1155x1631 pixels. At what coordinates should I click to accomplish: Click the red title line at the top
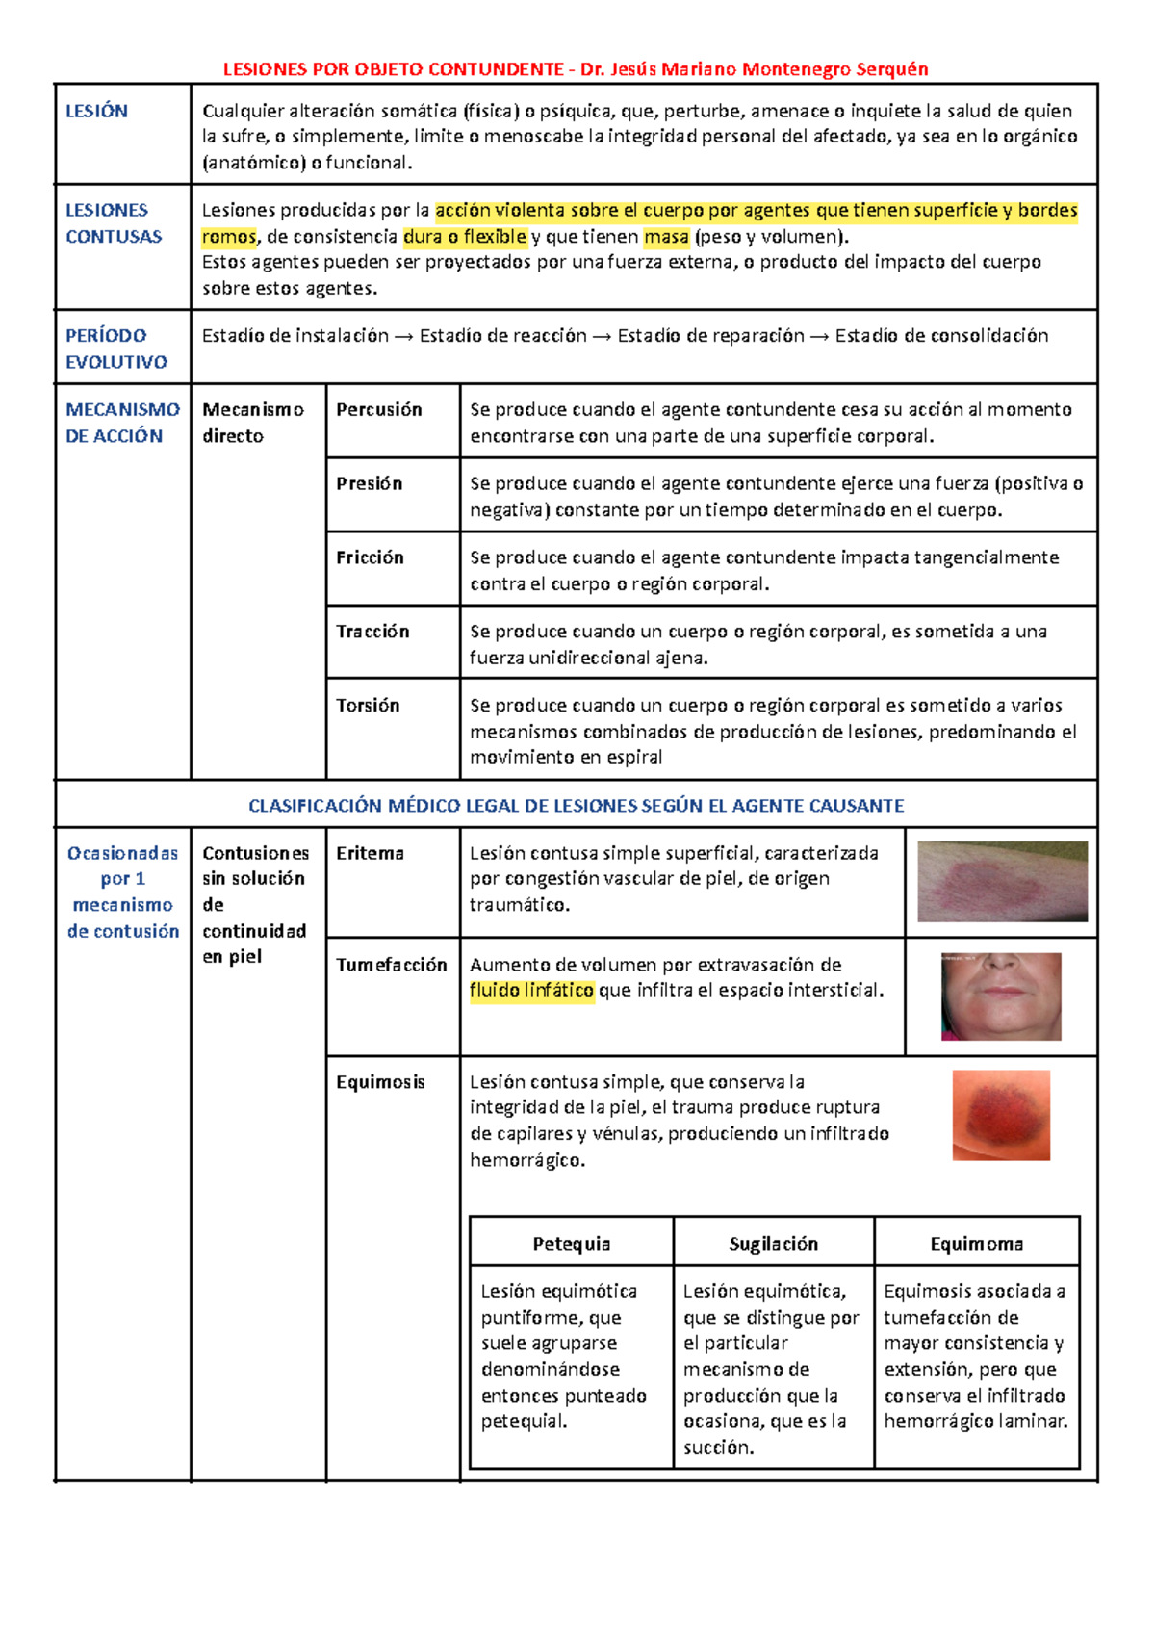tap(576, 69)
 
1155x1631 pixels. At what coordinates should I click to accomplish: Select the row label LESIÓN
tap(96, 112)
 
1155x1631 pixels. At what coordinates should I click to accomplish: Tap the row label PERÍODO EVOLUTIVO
tap(115, 349)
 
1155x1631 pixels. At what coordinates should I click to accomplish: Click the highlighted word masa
tap(666, 237)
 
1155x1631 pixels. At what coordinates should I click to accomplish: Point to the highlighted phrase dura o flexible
tap(465, 237)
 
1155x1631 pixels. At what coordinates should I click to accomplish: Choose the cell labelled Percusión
tap(379, 410)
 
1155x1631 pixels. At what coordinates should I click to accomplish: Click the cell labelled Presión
tap(370, 484)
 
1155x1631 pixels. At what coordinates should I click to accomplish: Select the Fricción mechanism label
tap(371, 558)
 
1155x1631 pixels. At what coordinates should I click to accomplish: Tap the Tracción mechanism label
tap(372, 632)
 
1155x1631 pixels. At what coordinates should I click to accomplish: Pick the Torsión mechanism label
tap(368, 706)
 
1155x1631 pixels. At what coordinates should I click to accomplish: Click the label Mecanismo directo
tap(252, 423)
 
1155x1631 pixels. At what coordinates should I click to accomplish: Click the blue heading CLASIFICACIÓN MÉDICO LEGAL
tap(576, 806)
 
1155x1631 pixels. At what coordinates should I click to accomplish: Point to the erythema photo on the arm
tap(1002, 881)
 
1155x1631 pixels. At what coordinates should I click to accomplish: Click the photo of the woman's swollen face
tap(1001, 997)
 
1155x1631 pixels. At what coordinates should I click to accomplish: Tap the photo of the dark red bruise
tap(1001, 1115)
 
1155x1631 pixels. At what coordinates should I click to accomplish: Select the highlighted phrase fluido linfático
tap(531, 991)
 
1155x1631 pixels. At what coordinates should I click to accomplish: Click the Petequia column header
tap(572, 1244)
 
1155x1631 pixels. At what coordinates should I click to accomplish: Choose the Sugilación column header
tap(774, 1244)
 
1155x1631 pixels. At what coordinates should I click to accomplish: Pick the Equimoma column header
tap(976, 1244)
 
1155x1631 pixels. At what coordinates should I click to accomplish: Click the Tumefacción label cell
tap(392, 966)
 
